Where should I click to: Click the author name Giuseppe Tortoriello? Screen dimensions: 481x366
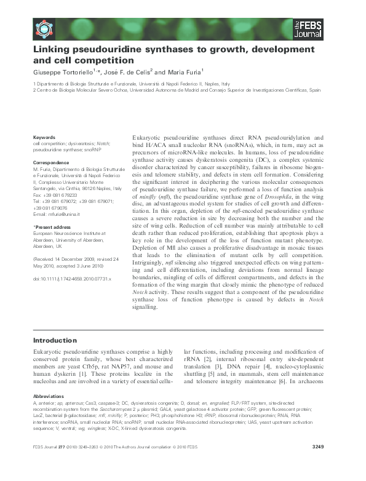click(66, 72)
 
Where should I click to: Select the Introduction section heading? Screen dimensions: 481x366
click(55, 340)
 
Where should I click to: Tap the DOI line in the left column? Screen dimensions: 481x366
click(71, 279)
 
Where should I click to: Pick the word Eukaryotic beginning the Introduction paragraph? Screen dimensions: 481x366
click(50, 356)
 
